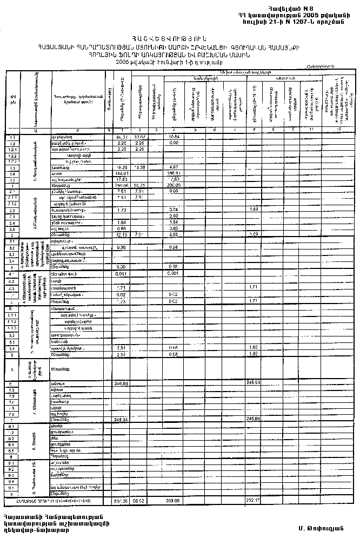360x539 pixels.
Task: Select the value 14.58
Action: tap(139, 167)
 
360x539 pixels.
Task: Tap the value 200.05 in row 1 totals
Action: tap(174, 185)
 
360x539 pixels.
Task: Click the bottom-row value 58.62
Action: tap(139, 502)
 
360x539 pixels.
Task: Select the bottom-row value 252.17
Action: tap(254, 502)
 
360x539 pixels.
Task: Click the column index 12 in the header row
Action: tap(339, 130)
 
